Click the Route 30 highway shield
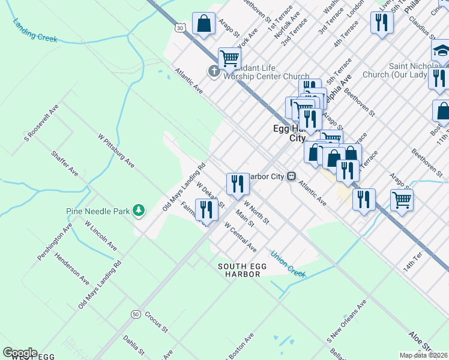(179, 28)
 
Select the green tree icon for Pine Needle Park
(139, 210)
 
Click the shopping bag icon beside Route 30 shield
(204, 24)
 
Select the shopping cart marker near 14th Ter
(402, 200)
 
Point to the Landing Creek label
(35, 30)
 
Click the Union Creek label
(288, 264)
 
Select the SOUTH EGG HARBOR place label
(239, 270)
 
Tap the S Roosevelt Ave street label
(41, 124)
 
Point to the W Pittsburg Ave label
(116, 151)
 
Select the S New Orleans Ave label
(346, 323)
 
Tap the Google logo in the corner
(19, 353)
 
